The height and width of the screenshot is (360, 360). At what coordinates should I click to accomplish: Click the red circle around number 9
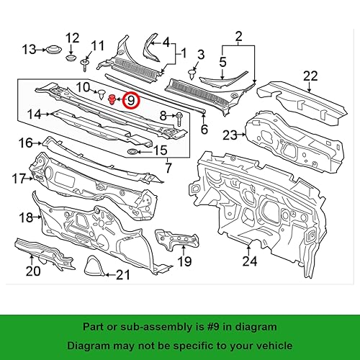(x=131, y=100)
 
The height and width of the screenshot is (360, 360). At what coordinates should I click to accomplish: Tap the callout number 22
(x=310, y=76)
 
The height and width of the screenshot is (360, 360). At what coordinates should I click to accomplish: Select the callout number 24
(x=249, y=261)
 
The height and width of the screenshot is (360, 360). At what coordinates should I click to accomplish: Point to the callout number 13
(x=29, y=50)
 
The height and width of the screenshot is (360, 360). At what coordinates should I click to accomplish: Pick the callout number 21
(x=123, y=274)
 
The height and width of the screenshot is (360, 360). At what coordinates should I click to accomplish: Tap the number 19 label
(x=185, y=261)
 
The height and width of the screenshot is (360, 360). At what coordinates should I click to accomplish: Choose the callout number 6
(x=204, y=130)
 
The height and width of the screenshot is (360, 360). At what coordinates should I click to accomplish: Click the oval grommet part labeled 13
(x=51, y=50)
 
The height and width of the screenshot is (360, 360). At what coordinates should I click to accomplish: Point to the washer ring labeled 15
(x=134, y=152)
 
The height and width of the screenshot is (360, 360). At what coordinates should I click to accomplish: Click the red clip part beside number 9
(x=112, y=99)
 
